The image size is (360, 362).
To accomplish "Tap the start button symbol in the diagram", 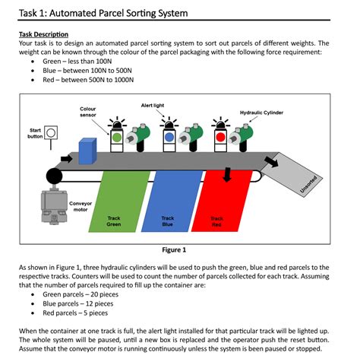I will [x=51, y=134].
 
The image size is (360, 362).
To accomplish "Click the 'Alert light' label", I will [x=153, y=104].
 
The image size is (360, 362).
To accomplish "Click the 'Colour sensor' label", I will [x=88, y=113].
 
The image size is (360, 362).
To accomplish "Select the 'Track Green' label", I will [x=114, y=221].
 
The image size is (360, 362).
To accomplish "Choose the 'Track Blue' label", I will [x=167, y=221].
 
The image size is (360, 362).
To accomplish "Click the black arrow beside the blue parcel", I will [x=66, y=159].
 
